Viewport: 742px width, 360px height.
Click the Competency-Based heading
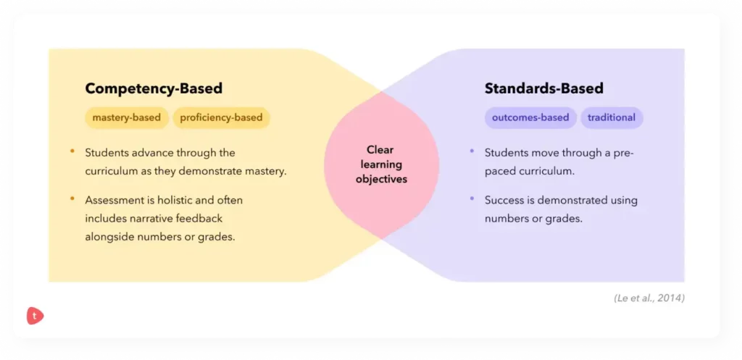pyautogui.click(x=154, y=89)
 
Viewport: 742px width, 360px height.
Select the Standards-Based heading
pyautogui.click(x=543, y=89)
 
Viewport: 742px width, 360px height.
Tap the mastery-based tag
pyautogui.click(x=127, y=118)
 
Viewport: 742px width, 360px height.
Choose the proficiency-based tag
pyautogui.click(x=221, y=118)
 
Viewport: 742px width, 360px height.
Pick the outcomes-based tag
pyautogui.click(x=530, y=117)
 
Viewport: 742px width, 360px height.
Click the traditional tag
pyautogui.click(x=612, y=117)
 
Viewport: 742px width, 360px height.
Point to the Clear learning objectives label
pyautogui.click(x=381, y=164)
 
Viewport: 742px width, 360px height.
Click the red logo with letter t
pyautogui.click(x=35, y=316)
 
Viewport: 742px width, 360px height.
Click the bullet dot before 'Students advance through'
pyautogui.click(x=72, y=152)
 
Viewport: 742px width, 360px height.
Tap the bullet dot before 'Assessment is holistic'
pyautogui.click(x=72, y=198)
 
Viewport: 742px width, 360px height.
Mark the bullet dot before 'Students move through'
pyautogui.click(x=472, y=152)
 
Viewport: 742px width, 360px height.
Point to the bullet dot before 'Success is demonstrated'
pyautogui.click(x=472, y=199)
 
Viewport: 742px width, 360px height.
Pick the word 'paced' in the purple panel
pyautogui.click(x=499, y=172)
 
